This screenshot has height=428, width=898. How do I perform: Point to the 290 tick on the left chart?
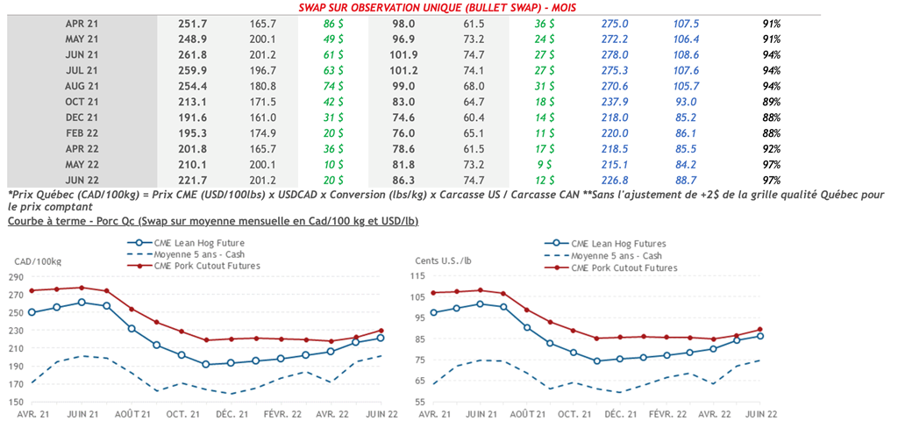click(17, 277)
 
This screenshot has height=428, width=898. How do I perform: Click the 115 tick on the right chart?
click(430, 277)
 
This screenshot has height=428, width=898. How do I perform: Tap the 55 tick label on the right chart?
click(432, 402)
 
